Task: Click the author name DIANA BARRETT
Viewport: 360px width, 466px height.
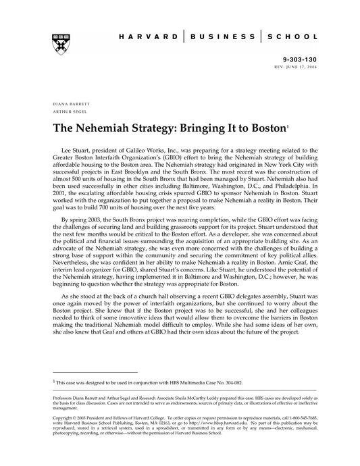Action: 72,103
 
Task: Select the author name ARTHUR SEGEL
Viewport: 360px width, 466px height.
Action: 70,112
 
